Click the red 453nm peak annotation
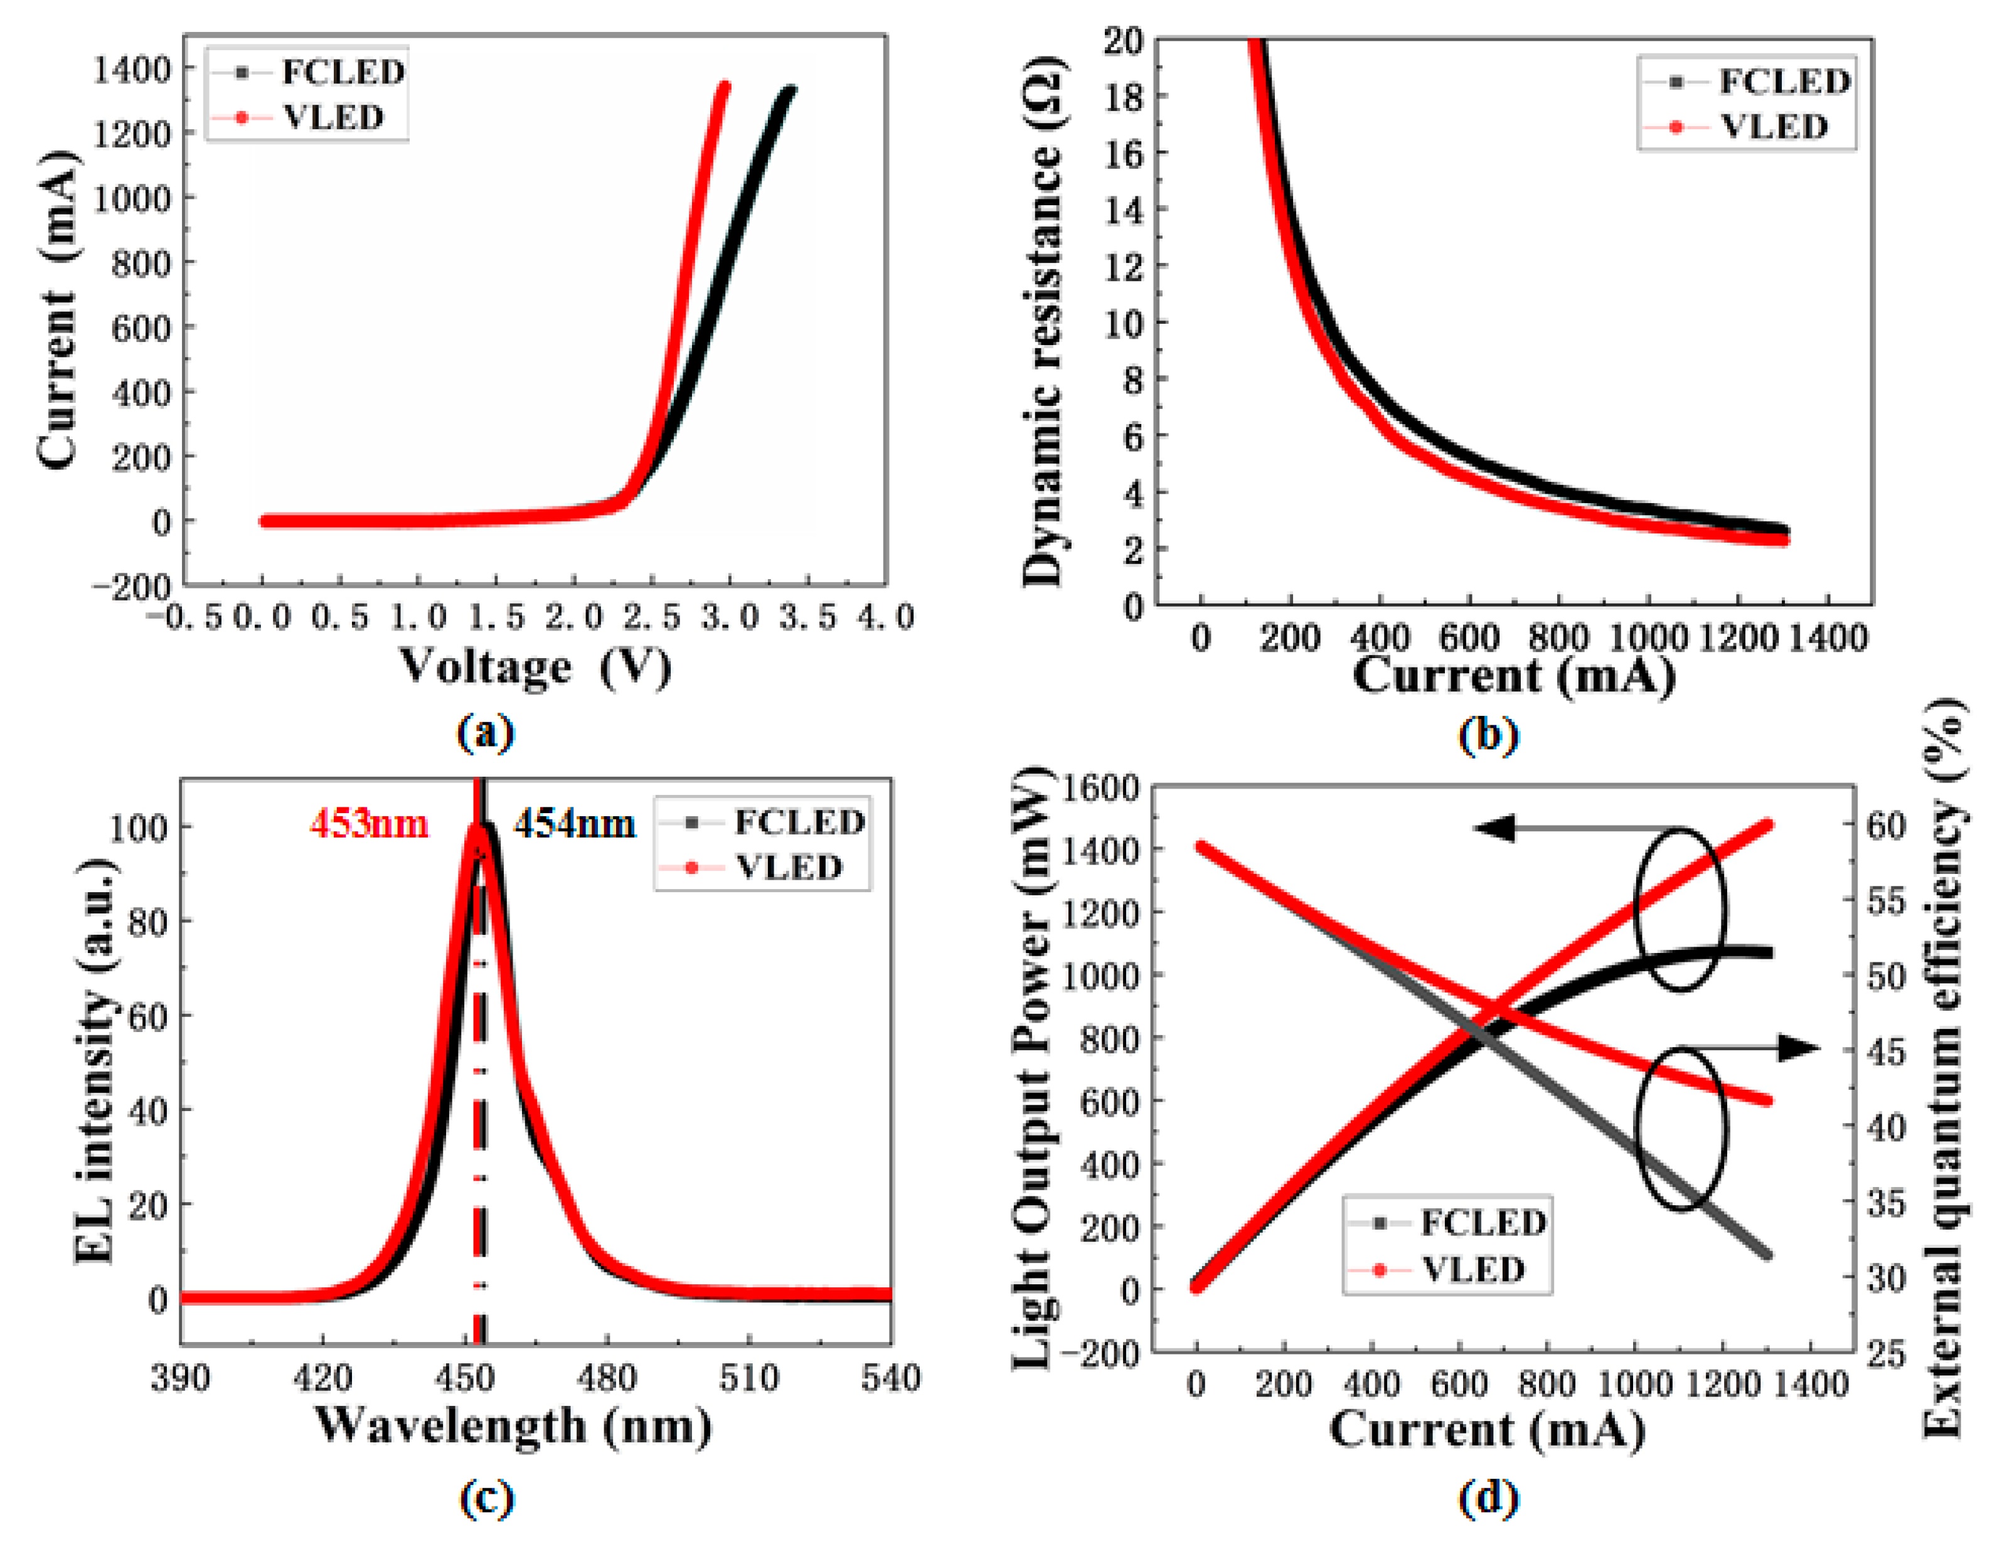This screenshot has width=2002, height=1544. click(368, 824)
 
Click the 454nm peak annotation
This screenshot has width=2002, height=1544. click(574, 824)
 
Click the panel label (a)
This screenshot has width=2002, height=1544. click(485, 733)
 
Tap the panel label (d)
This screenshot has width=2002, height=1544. click(1488, 1497)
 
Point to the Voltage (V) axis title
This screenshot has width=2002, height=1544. click(535, 666)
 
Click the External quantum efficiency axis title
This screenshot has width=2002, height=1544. click(1942, 1068)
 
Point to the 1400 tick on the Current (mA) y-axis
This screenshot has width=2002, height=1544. click(132, 69)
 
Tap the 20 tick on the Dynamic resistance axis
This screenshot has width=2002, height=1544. click(1123, 41)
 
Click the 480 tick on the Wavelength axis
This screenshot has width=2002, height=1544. click(606, 1378)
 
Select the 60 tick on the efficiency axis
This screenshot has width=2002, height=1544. click(1887, 825)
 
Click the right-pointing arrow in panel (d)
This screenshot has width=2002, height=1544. click(1799, 1048)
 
